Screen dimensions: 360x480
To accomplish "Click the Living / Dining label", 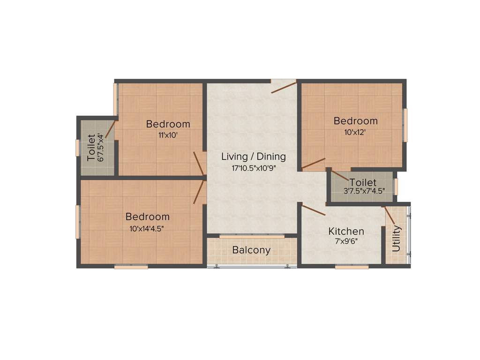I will point(253,157).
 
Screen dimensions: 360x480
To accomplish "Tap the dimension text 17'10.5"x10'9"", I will point(253,168).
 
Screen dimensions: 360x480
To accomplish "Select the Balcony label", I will point(251,250).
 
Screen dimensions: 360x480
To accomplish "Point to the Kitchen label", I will point(346,231).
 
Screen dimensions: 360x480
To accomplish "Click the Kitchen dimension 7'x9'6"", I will point(346,242).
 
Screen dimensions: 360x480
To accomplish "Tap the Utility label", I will point(397,239).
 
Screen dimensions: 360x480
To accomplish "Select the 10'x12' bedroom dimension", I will point(355,132).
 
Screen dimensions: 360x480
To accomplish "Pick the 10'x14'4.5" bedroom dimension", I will point(147,228).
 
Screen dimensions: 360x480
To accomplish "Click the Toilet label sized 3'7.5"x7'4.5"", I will point(363,182).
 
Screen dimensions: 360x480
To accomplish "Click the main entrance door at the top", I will point(284,87).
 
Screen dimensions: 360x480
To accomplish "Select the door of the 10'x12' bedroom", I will point(313,163).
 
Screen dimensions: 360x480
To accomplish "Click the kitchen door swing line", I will point(314,210).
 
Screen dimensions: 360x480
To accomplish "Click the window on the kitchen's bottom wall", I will point(352,267).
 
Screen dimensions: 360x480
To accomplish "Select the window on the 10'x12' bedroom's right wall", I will point(405,125).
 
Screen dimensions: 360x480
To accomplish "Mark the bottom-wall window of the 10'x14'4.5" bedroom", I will point(131,267).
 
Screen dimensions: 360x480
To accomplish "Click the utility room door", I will point(389,215).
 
